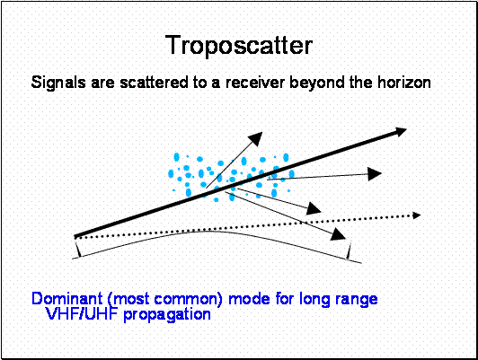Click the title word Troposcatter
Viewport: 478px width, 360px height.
pyautogui.click(x=239, y=46)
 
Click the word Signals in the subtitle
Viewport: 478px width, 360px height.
pyautogui.click(x=58, y=83)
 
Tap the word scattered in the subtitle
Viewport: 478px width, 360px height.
pyautogui.click(x=154, y=83)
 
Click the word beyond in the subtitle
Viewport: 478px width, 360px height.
pyautogui.click(x=317, y=83)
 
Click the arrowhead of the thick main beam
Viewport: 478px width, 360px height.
pyautogui.click(x=398, y=133)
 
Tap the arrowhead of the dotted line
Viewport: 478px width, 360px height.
pyautogui.click(x=416, y=215)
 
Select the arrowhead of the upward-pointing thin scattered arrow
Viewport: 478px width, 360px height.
pyautogui.click(x=255, y=139)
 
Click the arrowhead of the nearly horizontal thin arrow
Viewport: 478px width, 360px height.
pyautogui.click(x=375, y=174)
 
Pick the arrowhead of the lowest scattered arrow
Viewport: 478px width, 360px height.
pyautogui.click(x=339, y=234)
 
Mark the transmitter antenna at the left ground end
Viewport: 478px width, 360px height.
pyautogui.click(x=78, y=247)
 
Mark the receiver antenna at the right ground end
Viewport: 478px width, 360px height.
pyautogui.click(x=349, y=250)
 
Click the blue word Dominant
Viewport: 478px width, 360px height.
pyautogui.click(x=67, y=298)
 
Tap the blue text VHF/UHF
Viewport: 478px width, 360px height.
pyautogui.click(x=82, y=314)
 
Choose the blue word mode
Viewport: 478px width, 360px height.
pyautogui.click(x=249, y=298)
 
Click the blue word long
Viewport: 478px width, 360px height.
pyautogui.click(x=315, y=299)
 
